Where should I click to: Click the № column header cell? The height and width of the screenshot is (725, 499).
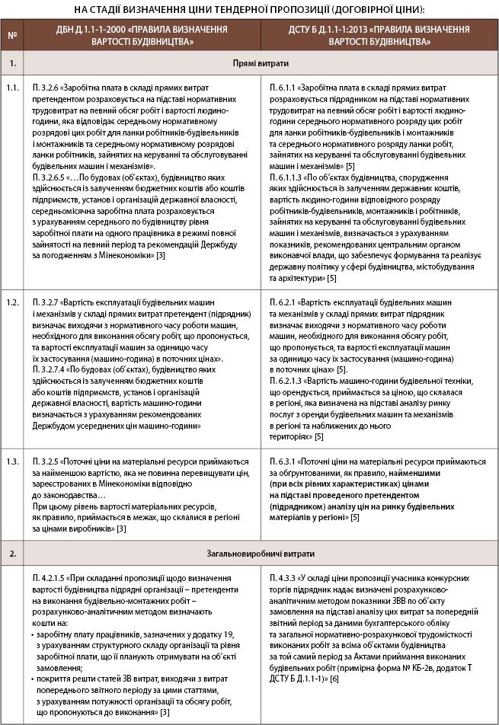pyautogui.click(x=11, y=36)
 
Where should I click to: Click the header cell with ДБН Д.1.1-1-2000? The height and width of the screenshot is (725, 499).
pyautogui.click(x=141, y=36)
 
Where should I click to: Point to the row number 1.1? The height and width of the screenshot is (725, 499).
pyautogui.click(x=11, y=90)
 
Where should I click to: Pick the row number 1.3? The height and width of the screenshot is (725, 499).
pyautogui.click(x=11, y=461)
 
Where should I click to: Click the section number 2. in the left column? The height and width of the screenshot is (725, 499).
pyautogui.click(x=11, y=554)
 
